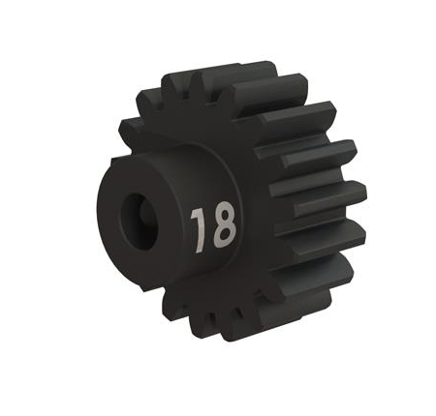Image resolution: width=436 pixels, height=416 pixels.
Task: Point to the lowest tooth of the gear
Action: tap(237, 324)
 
